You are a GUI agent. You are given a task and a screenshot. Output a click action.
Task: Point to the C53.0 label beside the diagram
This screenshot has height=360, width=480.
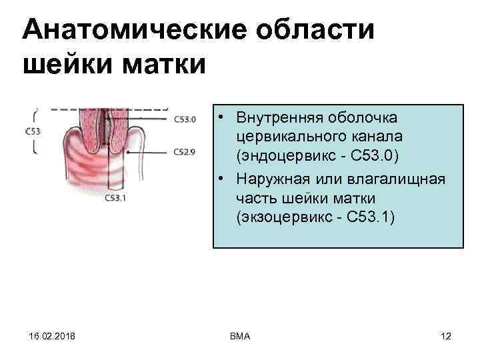pyautogui.click(x=185, y=120)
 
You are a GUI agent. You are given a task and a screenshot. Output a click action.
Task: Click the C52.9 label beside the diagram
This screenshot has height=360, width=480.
pyautogui.click(x=185, y=152)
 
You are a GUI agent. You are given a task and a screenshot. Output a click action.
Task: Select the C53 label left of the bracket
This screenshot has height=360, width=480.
pyautogui.click(x=32, y=131)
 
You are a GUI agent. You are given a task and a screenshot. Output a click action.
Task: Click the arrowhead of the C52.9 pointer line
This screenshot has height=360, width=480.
pyautogui.click(x=128, y=151)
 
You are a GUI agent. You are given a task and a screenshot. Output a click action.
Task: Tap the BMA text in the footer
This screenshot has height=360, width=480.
pyautogui.click(x=239, y=337)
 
